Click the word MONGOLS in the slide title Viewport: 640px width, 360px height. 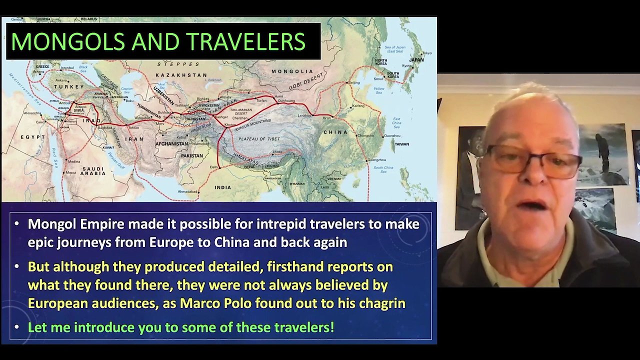pos(67,41)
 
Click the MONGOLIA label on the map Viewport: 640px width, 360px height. pos(292,71)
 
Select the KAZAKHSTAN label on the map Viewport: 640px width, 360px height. pos(181,75)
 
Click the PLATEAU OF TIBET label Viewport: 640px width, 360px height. pos(259,139)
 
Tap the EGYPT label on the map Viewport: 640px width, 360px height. pos(33,137)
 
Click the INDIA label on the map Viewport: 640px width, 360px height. pos(223,187)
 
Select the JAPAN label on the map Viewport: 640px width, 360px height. pos(416,60)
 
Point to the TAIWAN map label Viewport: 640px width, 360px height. pos(401,144)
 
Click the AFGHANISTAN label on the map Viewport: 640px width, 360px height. pos(171,144)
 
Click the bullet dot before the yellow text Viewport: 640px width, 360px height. pos(17,267)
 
